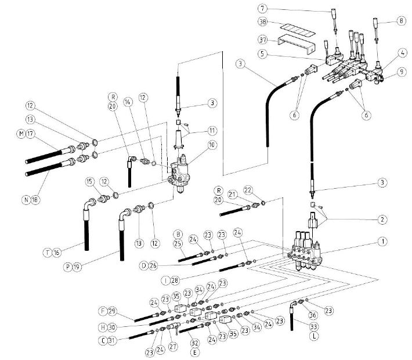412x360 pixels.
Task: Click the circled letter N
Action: [x=26, y=200]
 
